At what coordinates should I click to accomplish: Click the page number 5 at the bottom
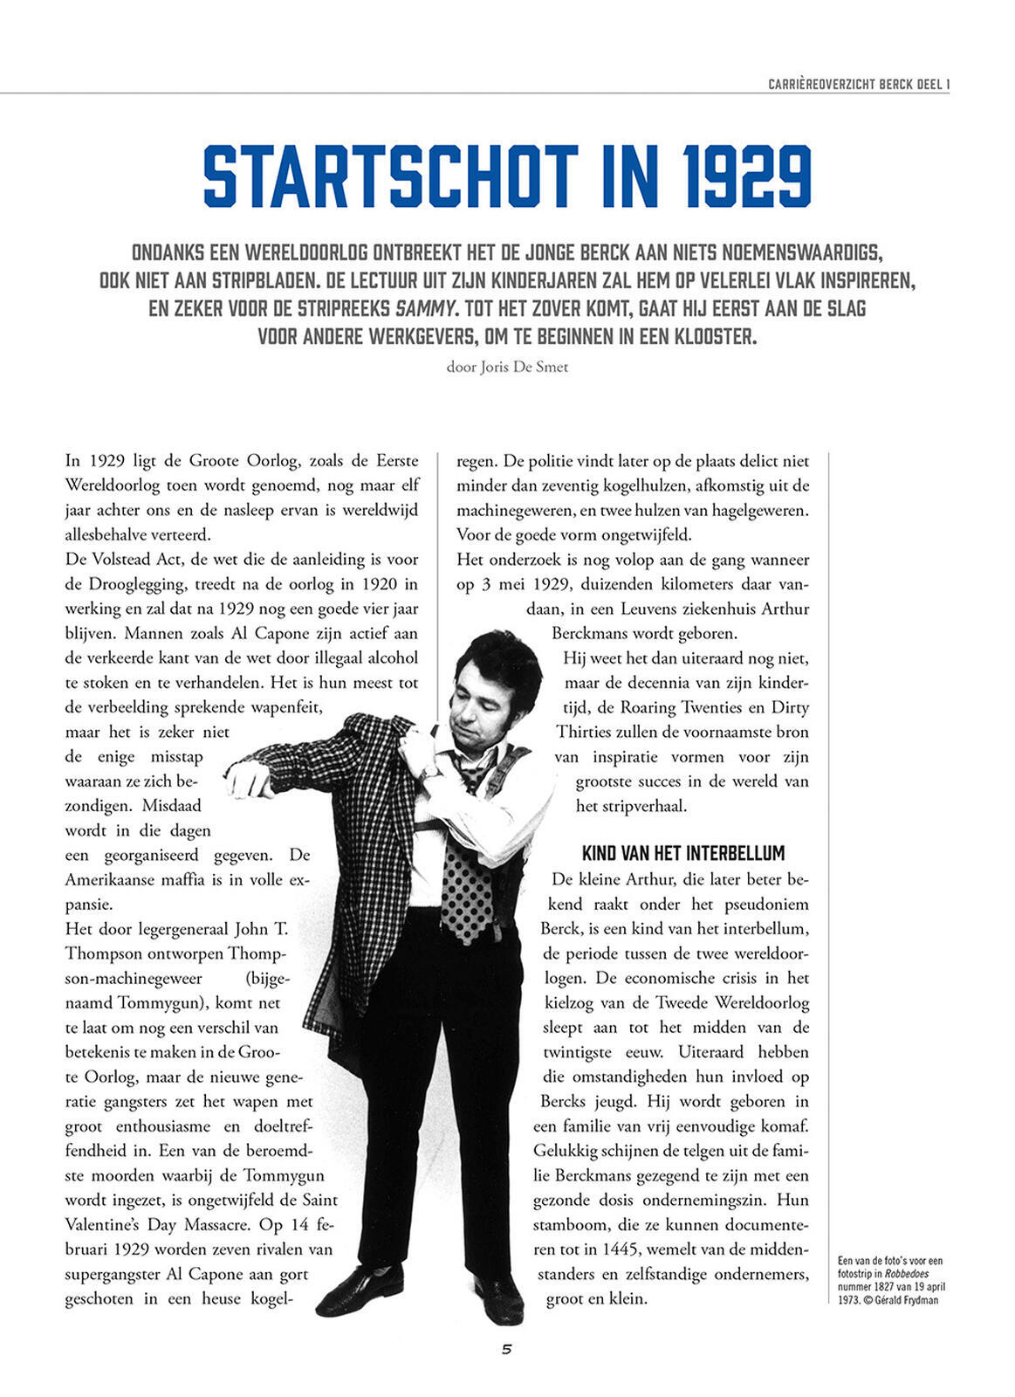coord(506,1349)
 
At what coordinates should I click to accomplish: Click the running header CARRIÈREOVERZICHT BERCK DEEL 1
coord(858,84)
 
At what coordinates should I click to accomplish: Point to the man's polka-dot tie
coord(467,882)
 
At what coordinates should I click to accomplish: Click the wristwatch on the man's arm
coord(428,772)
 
